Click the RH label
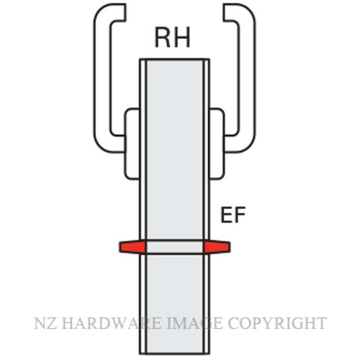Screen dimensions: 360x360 tap(173, 37)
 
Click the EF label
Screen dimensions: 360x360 tap(233, 215)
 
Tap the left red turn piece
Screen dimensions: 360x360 tap(132, 247)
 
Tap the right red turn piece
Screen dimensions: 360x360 tap(217, 247)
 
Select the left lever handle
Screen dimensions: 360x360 tap(102, 79)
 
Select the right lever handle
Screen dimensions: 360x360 tap(248, 79)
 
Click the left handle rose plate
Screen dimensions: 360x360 tap(132, 143)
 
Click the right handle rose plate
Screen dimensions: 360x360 tap(217, 143)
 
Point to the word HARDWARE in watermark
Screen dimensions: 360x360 tap(112, 323)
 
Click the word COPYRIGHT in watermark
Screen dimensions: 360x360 tap(277, 323)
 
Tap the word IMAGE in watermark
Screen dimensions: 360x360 tap(194, 323)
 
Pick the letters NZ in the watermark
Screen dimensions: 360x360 tap(45, 323)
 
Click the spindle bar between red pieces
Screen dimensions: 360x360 tap(175, 246)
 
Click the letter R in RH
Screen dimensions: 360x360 tap(163, 37)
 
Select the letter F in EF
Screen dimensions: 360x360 tap(240, 215)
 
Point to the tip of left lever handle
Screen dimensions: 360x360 tap(125, 12)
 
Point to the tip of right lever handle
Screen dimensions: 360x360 tap(224, 12)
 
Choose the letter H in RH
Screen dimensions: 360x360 tap(182, 37)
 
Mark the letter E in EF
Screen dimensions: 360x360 tap(226, 215)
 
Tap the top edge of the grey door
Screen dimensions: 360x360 tap(174, 59)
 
